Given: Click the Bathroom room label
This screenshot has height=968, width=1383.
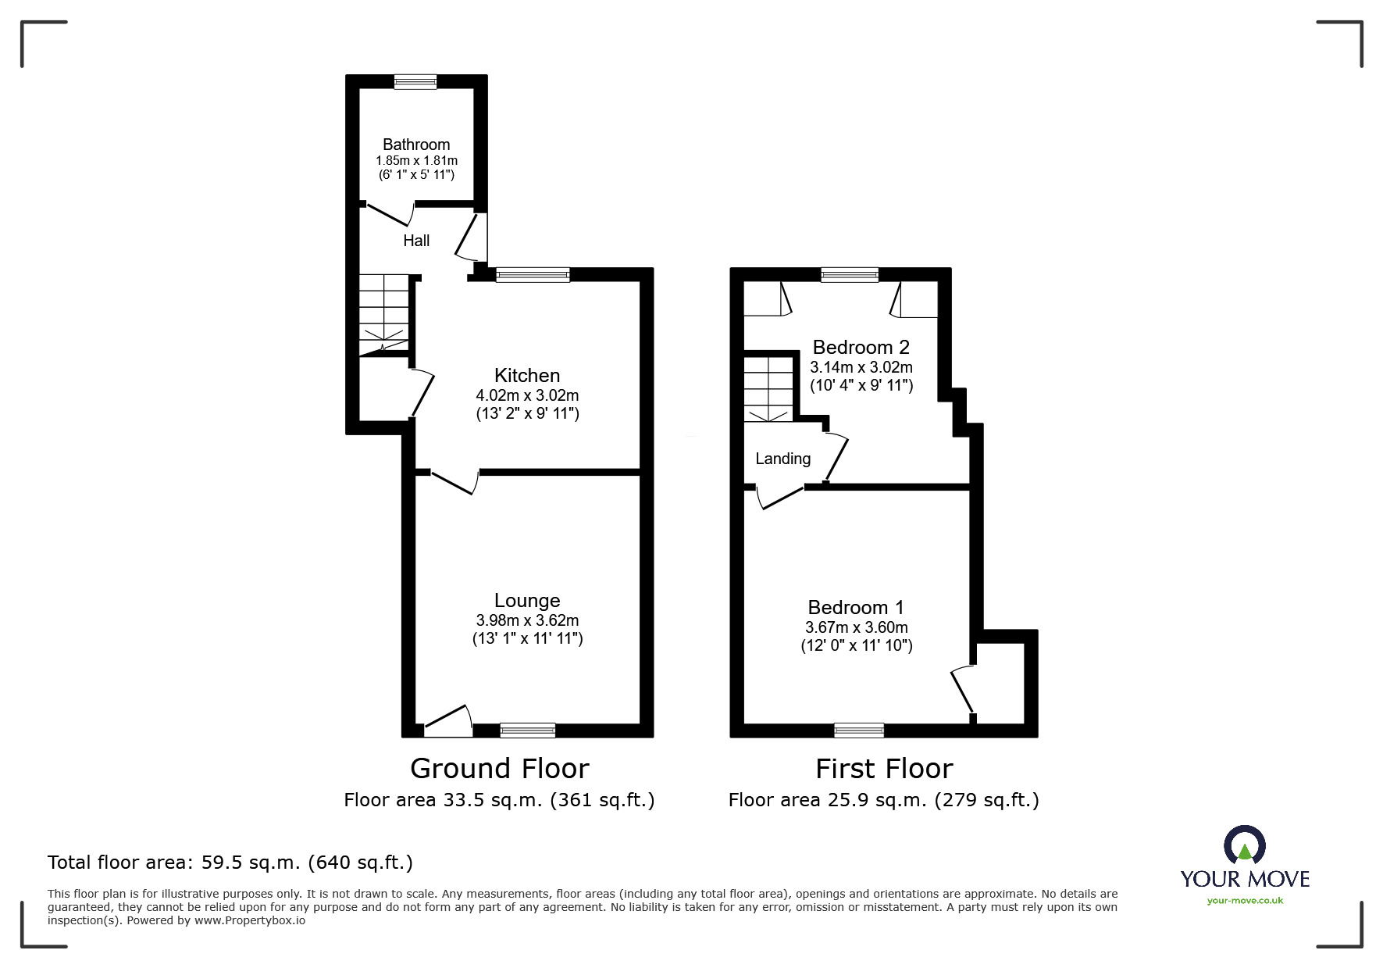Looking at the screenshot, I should pos(416,145).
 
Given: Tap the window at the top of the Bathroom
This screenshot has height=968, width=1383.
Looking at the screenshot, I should pos(415,81).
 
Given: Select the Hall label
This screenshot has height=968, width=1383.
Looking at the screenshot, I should pos(416,241).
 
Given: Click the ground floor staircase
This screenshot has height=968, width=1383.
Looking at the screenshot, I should pos(384,315).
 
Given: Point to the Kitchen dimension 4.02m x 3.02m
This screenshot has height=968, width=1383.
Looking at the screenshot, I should pos(527,395).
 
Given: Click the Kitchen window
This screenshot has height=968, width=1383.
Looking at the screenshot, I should pos(533,274).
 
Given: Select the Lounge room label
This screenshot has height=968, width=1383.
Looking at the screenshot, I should pos(527,600).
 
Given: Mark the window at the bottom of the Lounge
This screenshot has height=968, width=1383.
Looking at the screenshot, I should pos(528,730).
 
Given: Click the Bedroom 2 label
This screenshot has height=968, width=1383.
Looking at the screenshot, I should pos(861,347).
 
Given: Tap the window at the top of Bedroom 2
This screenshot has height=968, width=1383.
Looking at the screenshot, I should pos(850,274).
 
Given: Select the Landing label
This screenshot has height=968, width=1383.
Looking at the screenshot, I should pos(782,459).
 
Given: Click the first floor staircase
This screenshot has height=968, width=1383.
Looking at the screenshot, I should pos(768,389).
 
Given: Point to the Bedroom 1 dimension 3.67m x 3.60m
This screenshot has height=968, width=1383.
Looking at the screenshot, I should pos(856,627).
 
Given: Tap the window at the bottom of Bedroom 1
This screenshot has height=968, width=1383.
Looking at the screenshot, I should pos(859,730).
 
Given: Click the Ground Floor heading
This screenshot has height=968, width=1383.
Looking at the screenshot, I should pos(499,769).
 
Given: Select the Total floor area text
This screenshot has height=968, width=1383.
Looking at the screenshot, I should pos(230,863).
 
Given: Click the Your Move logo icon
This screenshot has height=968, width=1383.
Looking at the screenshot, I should pos(1244,846).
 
